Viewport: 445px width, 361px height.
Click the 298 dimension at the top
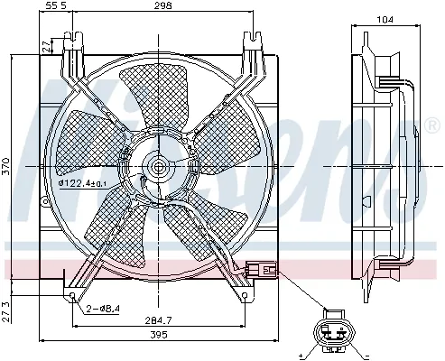(x=163, y=7)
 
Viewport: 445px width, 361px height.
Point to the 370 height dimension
(x=7, y=165)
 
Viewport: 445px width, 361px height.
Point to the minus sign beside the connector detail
(x=363, y=346)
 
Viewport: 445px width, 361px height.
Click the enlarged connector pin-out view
(x=332, y=335)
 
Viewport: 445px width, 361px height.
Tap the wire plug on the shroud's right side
(x=257, y=267)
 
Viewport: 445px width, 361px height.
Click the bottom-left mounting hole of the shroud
(x=72, y=294)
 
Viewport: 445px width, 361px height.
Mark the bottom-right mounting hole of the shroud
(x=245, y=294)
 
